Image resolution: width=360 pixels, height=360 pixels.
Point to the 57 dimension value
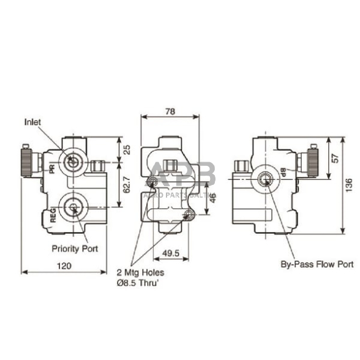click(334, 158)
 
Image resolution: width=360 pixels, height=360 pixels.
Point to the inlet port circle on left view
click(73, 161)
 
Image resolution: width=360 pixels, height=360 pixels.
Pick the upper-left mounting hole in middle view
click(153, 181)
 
